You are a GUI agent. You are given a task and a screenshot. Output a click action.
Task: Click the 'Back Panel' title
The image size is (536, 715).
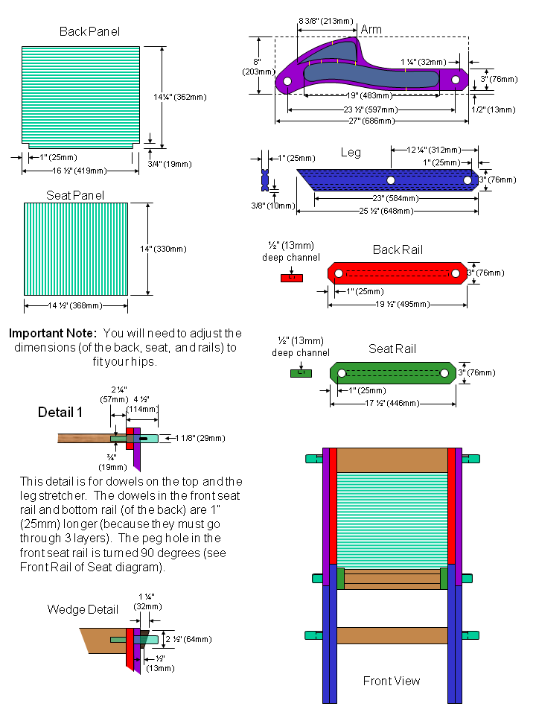pos(89,31)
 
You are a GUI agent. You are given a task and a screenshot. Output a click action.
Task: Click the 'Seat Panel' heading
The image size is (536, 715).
pos(75,195)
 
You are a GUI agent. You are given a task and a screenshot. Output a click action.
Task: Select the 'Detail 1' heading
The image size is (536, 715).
pos(60,412)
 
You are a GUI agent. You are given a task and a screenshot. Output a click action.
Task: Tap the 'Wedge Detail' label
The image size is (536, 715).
pos(83,609)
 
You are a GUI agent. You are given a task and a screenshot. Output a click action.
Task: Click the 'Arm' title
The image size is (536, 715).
pos(371,30)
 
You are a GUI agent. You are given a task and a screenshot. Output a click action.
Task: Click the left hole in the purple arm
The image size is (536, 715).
pos(287,81)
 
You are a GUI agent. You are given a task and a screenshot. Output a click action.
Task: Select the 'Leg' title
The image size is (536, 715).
pos(351,153)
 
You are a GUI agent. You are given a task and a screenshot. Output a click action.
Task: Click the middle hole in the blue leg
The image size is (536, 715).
pos(390,180)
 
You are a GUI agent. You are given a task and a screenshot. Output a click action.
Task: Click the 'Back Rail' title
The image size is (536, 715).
pos(398,250)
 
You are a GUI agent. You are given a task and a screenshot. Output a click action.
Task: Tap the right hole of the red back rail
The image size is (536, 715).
pos(456,274)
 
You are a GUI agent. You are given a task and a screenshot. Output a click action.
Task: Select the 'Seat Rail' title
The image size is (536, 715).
pos(392,349)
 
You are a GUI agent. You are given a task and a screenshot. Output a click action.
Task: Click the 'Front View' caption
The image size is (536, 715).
pos(392,681)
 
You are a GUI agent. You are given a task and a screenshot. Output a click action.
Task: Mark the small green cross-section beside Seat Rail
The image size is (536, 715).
pos(300,373)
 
